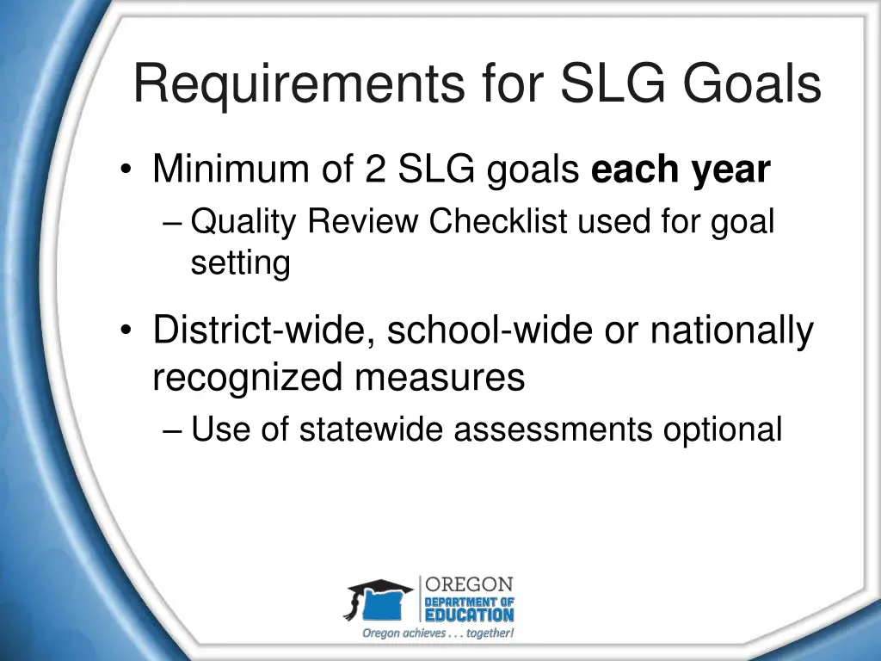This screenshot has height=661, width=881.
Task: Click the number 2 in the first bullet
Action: (x=374, y=170)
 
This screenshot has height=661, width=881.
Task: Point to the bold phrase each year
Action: (x=680, y=170)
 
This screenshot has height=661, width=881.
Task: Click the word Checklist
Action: (x=499, y=222)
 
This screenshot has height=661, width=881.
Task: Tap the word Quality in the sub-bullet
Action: (x=244, y=222)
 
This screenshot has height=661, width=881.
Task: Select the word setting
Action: (x=240, y=263)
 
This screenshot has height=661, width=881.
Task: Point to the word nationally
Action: (x=731, y=332)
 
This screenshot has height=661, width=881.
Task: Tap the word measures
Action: (x=455, y=378)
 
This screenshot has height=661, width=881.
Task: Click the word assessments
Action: (x=553, y=429)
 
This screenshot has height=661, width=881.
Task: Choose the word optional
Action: (x=722, y=429)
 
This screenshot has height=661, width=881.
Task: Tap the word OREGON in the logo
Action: (x=470, y=585)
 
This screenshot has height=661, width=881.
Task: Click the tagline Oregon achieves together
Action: (x=438, y=633)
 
